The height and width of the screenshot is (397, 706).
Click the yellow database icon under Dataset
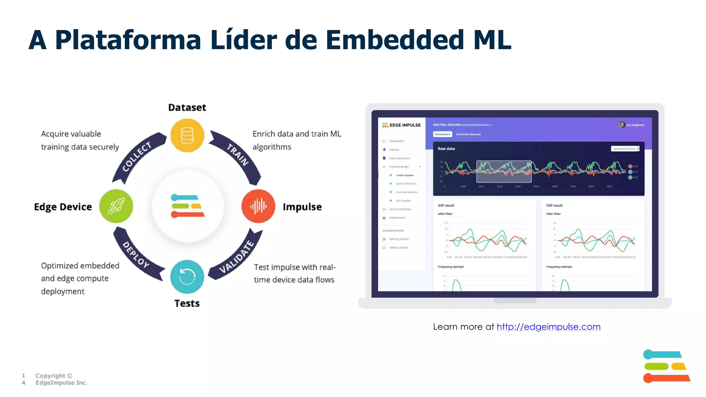187,135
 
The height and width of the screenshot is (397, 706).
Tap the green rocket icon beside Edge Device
116,206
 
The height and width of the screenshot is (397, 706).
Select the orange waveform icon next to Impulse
258,206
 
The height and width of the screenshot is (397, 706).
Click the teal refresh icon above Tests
187,277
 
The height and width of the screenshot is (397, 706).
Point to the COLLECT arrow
137,157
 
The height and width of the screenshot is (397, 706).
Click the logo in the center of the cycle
188,206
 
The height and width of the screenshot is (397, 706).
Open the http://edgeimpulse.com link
548,327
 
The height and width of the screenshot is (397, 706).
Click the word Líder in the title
244,40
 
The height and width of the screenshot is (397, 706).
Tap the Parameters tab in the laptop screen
442,134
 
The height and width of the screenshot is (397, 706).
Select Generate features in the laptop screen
468,134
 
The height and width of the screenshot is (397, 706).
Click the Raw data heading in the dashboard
446,149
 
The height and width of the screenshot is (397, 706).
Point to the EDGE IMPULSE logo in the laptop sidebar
402,125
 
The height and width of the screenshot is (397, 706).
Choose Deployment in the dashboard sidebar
397,218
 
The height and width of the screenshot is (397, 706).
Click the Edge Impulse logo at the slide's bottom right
666,366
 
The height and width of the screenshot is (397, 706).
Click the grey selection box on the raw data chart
504,171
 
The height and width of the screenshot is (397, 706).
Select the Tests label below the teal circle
187,303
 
